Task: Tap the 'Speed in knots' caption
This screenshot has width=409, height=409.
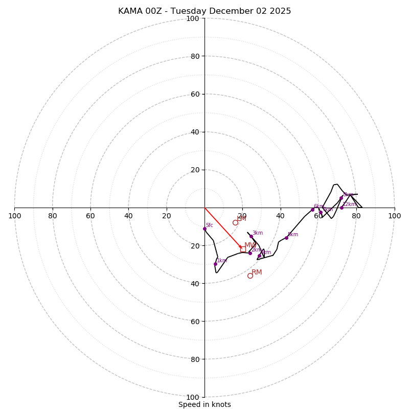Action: coord(204,404)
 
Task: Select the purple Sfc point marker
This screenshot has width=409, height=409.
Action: coord(204,229)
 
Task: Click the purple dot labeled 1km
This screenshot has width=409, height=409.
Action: coord(215,264)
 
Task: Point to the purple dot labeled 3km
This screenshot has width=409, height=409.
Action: coord(251,237)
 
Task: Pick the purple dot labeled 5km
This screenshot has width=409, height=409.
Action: coord(286,238)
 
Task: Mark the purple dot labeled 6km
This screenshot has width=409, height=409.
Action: coord(312,210)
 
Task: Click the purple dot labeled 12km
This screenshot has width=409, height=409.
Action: coord(342,208)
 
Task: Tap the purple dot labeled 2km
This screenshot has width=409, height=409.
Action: coord(250,253)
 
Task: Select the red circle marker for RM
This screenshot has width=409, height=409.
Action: coord(250,276)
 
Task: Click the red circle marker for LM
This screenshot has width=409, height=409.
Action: coord(235,222)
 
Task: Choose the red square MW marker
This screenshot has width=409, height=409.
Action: coord(243,249)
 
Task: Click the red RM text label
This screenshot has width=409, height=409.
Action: coord(257,272)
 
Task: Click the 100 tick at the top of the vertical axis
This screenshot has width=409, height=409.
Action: coord(193,19)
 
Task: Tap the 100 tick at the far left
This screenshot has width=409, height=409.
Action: coord(14,216)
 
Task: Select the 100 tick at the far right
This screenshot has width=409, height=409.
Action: coord(394,216)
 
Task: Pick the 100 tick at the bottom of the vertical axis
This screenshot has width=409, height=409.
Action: coord(193,397)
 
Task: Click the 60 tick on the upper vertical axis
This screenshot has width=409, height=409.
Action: coord(194,95)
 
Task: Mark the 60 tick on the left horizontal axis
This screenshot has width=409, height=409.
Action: coord(90,216)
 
